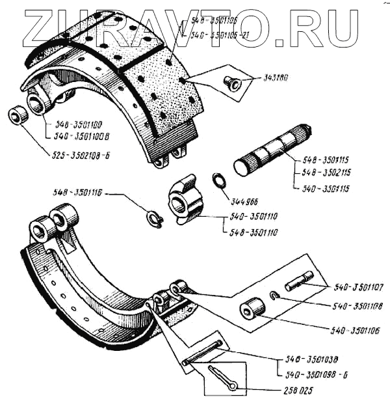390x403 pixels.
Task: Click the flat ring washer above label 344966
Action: point(219,180)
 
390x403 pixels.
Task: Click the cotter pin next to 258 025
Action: point(224,378)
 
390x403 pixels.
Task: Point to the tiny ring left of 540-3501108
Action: point(274,297)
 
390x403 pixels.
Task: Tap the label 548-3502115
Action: point(328,173)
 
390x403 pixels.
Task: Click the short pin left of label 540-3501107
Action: point(300,281)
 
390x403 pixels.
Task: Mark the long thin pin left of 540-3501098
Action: point(203,352)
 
